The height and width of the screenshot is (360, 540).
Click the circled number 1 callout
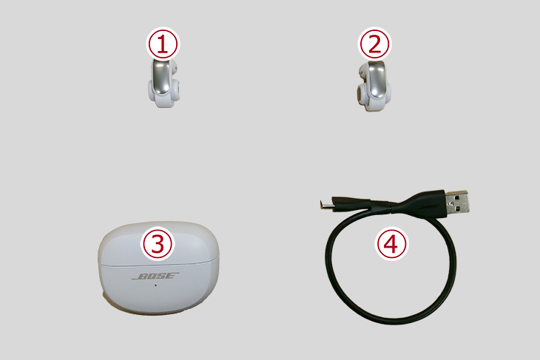163,44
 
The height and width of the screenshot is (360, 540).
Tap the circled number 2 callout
374,44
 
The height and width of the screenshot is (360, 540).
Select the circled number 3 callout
158,244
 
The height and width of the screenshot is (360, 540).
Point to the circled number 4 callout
391,244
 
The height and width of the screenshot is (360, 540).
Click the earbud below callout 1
163,83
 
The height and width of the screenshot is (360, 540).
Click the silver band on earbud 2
376,80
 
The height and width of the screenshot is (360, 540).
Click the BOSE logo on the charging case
155,276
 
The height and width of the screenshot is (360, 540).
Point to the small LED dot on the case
155,285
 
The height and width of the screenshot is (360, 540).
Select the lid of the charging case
158,244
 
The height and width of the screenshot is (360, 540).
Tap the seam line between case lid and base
158,265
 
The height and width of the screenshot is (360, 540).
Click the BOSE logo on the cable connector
429,207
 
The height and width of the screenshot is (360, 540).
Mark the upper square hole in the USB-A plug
456,198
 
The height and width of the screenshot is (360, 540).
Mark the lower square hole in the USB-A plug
458,209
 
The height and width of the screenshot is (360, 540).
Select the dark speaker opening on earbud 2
359,93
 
